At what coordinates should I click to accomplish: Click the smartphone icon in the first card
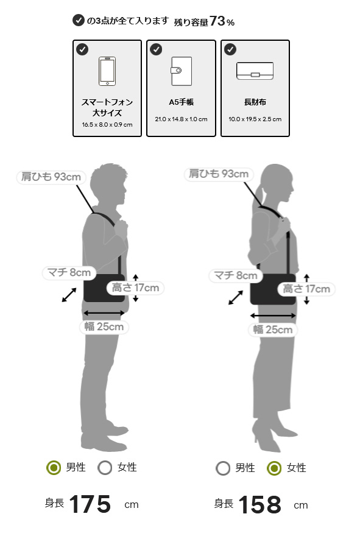[107, 71]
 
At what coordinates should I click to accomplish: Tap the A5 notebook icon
[181, 71]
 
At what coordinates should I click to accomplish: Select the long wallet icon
[255, 71]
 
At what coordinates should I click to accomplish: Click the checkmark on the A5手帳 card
[156, 49]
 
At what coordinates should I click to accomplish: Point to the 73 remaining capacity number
[217, 21]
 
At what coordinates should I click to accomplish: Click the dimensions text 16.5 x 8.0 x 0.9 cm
[107, 124]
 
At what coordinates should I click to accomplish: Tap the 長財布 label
[255, 102]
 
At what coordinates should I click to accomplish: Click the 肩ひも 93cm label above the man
[51, 177]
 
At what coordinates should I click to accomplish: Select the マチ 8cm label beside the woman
[236, 275]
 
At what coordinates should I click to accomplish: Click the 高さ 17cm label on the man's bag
[135, 287]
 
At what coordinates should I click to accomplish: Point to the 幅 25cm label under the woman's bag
[273, 329]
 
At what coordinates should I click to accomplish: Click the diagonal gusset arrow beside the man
[69, 295]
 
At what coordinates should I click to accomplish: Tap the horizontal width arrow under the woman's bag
[273, 315]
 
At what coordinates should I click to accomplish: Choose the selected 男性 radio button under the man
[54, 468]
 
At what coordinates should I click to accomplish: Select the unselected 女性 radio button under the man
[105, 468]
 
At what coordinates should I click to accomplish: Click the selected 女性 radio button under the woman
[274, 468]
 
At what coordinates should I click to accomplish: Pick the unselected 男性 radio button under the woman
[223, 468]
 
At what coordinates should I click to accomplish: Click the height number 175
[90, 504]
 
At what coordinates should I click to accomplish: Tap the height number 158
[259, 505]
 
